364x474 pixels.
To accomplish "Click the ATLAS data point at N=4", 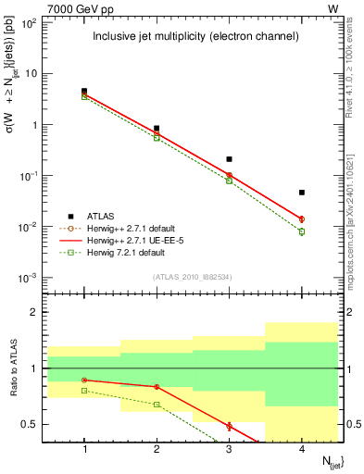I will pyautogui.click(x=302, y=193).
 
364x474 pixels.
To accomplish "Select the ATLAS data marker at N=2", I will pyautogui.click(x=157, y=129).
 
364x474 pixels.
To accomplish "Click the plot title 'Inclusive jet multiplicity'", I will pyautogui.click(x=195, y=37).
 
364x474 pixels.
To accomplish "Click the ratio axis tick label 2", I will pyautogui.click(x=38, y=313).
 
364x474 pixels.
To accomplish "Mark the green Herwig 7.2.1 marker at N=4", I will pyautogui.click(x=302, y=231).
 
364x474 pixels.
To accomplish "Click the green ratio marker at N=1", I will pyautogui.click(x=84, y=391).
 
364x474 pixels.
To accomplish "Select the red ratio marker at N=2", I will pyautogui.click(x=157, y=386).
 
